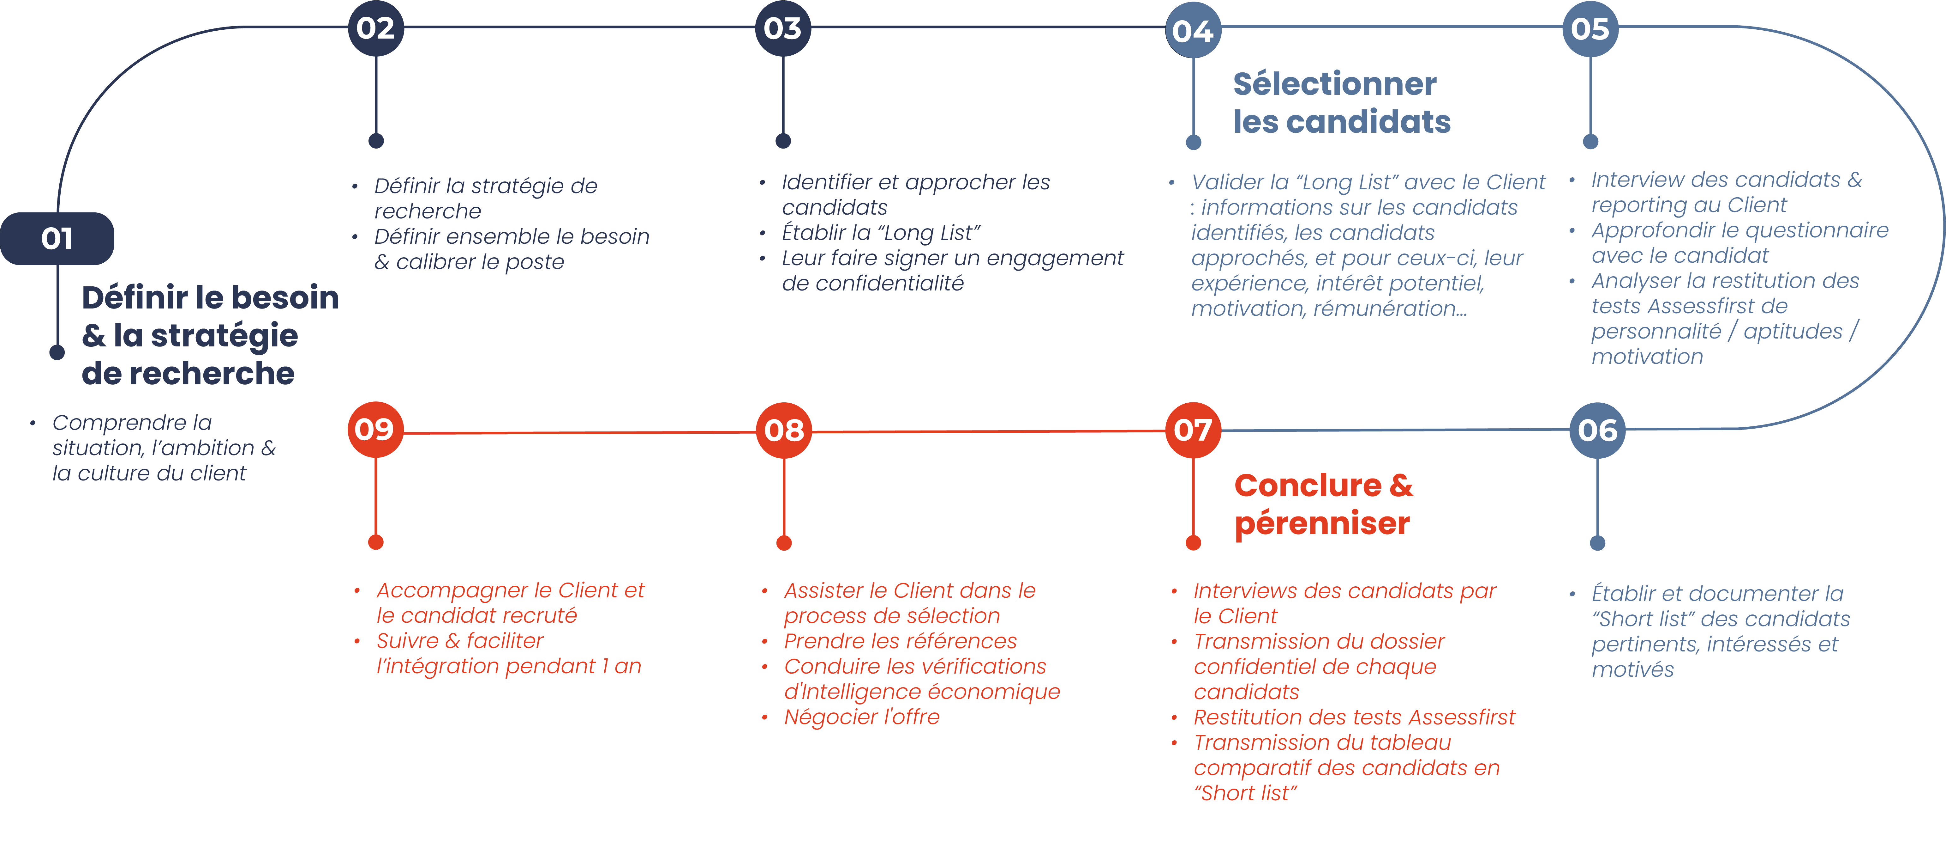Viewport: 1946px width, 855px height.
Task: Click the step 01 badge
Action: [x=57, y=239]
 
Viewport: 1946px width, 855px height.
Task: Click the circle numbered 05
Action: [x=1590, y=29]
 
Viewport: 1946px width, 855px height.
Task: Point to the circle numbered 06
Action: [x=1598, y=430]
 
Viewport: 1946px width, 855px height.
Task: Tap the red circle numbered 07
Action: [x=1194, y=430]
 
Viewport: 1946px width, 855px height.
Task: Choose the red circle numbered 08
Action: [x=784, y=430]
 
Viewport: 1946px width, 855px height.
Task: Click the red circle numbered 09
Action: [x=375, y=429]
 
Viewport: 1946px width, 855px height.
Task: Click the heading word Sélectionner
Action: [x=1335, y=84]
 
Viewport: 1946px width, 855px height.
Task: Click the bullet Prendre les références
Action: [x=901, y=641]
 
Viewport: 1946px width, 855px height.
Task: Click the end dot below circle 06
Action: [x=1598, y=543]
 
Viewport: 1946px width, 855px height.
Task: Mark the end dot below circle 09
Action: [x=375, y=542]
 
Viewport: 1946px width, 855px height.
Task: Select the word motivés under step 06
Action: [x=1632, y=670]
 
